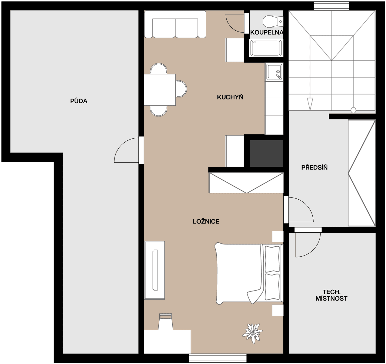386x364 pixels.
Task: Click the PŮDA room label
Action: pyautogui.click(x=79, y=101)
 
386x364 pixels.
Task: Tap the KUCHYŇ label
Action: pyautogui.click(x=230, y=97)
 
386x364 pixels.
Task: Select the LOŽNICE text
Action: pyautogui.click(x=206, y=221)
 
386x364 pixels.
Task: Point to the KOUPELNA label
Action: pyautogui.click(x=267, y=32)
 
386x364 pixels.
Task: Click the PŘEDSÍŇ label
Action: pyautogui.click(x=314, y=167)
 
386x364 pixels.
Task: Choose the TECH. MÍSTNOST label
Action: pyautogui.click(x=331, y=295)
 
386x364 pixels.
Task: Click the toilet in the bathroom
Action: pyautogui.click(x=272, y=21)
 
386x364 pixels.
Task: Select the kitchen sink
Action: pyautogui.click(x=274, y=72)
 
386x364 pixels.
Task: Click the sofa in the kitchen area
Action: pyautogui.click(x=175, y=24)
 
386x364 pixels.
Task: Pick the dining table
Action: pyautogui.click(x=160, y=90)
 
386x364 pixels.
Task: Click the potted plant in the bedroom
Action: pyautogui.click(x=252, y=333)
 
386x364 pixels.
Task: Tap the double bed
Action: pyautogui.click(x=248, y=273)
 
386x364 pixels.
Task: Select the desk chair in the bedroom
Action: pyautogui.click(x=165, y=322)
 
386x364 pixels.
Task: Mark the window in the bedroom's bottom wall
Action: pyautogui.click(x=218, y=358)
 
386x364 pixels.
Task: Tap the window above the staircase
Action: pyautogui.click(x=331, y=6)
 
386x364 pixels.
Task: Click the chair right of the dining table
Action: pyautogui.click(x=181, y=89)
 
